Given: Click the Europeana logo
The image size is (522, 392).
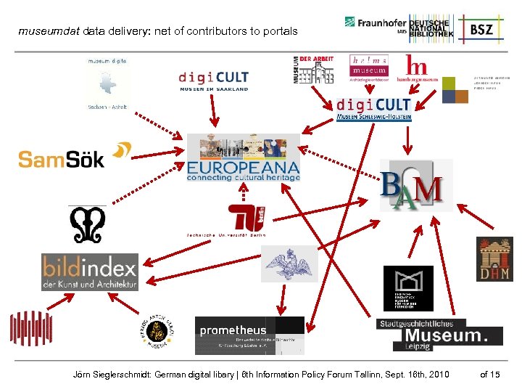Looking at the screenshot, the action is tap(243, 158).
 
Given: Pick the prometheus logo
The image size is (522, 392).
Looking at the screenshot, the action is tap(249, 335).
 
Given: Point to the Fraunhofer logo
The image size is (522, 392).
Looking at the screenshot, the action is tap(376, 24).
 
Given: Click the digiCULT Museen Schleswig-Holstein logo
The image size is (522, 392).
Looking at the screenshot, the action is tap(373, 109).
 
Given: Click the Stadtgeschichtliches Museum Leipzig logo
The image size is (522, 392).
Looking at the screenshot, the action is tap(439, 335).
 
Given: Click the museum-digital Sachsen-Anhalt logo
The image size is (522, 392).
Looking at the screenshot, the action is tap(107, 84).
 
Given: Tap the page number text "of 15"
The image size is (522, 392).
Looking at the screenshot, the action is tap(490, 374).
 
